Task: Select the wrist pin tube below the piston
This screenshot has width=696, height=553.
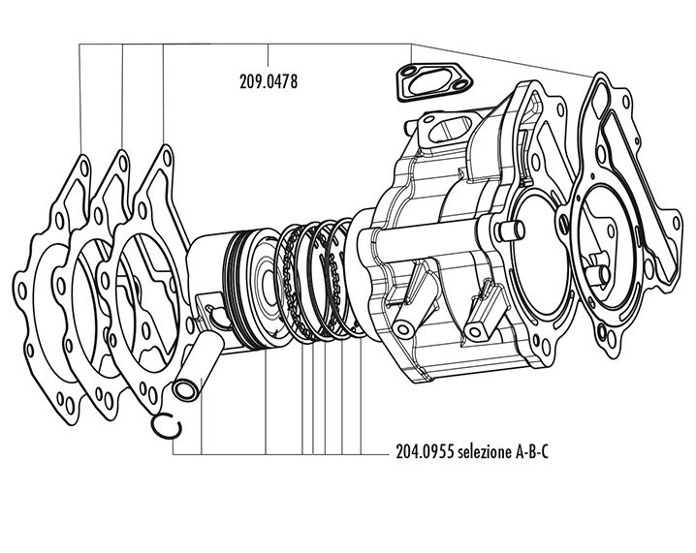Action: point(192,372)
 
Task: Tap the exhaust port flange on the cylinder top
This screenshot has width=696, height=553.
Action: point(447,131)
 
